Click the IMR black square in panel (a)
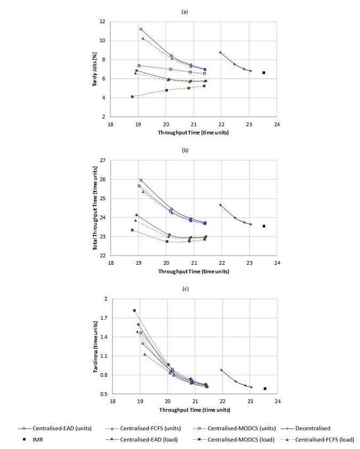click(263, 73)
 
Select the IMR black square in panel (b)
click(263, 226)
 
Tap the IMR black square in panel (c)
click(265, 389)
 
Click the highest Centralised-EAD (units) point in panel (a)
click(141, 29)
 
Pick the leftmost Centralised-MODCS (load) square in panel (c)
click(134, 310)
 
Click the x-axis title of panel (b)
click(194, 271)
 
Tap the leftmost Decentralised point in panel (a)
click(220, 52)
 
